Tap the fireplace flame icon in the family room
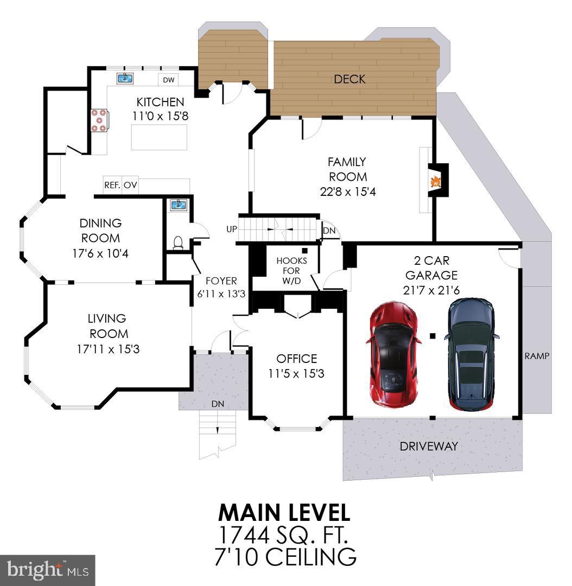(435, 182)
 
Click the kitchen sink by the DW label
(125, 78)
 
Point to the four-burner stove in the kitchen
(99, 120)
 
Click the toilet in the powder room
(178, 243)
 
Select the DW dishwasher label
(169, 80)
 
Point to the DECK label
(349, 79)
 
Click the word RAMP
(537, 356)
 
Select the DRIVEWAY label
(429, 447)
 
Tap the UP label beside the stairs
(232, 229)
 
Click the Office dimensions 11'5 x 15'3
(296, 374)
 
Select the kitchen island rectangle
(160, 137)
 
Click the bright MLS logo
(47, 570)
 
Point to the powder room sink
(177, 205)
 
